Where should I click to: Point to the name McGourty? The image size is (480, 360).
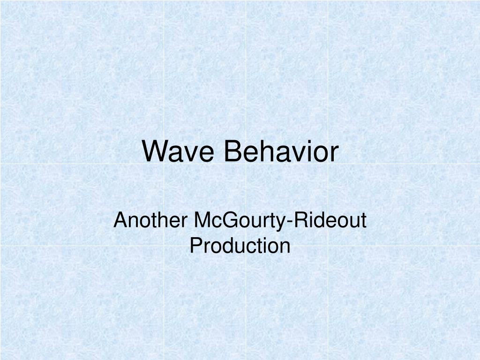(x=234, y=220)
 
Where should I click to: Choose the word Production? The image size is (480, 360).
(x=240, y=245)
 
